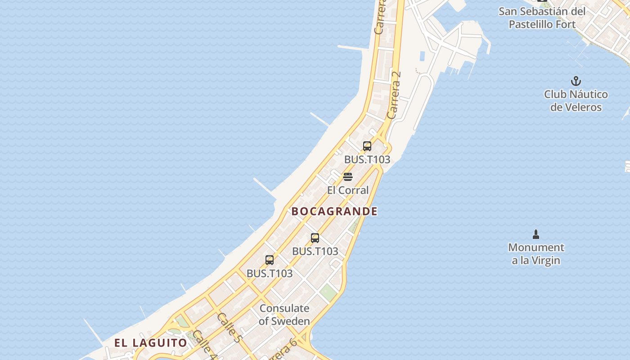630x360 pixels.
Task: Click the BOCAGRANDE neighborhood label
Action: (x=334, y=211)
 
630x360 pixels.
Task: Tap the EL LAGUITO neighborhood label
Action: (x=150, y=343)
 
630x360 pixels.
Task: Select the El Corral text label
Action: (x=347, y=190)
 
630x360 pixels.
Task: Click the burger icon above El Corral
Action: (x=347, y=176)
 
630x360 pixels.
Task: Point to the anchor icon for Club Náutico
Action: (x=576, y=81)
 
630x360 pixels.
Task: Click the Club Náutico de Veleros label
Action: (x=576, y=101)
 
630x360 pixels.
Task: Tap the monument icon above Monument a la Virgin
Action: (x=535, y=234)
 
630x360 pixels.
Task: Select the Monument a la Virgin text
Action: (x=535, y=254)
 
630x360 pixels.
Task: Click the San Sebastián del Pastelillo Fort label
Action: (x=542, y=18)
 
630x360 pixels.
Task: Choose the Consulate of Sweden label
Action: (x=284, y=315)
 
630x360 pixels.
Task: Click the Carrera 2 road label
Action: (x=394, y=95)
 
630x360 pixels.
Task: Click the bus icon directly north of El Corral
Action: (x=367, y=146)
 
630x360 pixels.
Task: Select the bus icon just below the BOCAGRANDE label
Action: (x=315, y=238)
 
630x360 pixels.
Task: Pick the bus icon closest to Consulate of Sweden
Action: (x=270, y=260)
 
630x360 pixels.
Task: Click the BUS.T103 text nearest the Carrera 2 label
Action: (x=367, y=160)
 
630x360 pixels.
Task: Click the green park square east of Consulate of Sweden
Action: (x=328, y=292)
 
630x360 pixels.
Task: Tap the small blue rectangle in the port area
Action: (x=422, y=56)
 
